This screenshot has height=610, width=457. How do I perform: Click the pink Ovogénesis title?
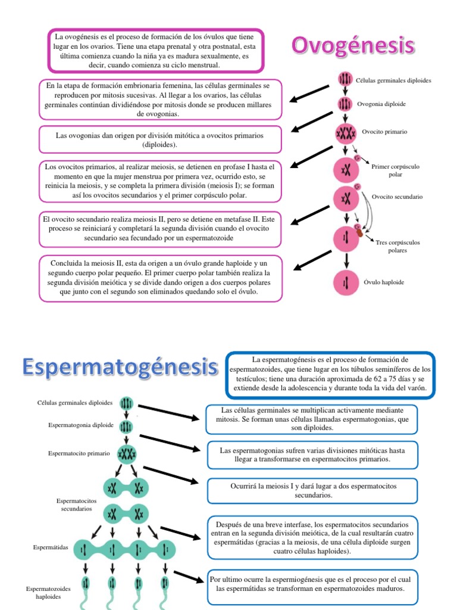pos(353,46)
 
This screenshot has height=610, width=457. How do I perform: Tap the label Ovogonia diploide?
pos(381,104)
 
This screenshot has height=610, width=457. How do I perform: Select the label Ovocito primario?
pos(384,131)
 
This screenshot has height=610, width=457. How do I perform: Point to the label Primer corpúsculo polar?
pos(395,170)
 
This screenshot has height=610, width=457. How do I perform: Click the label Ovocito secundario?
pos(397,196)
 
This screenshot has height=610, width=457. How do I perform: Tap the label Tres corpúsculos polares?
pos(398,247)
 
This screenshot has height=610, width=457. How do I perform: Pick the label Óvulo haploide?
pos(384,282)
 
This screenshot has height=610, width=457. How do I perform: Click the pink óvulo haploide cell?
pos(345,283)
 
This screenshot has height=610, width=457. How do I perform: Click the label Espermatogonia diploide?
pos(81,425)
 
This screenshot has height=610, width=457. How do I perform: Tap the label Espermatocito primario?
pos(79,453)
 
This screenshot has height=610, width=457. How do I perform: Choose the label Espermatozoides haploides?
pos(48,592)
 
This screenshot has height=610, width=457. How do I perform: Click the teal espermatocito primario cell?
pos(126,455)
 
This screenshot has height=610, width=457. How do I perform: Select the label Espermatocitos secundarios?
pos(74,505)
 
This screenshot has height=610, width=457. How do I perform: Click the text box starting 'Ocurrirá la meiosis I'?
pos(313,490)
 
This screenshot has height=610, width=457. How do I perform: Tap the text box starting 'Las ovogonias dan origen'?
pos(159,139)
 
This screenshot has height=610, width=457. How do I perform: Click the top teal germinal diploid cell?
pos(126,404)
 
